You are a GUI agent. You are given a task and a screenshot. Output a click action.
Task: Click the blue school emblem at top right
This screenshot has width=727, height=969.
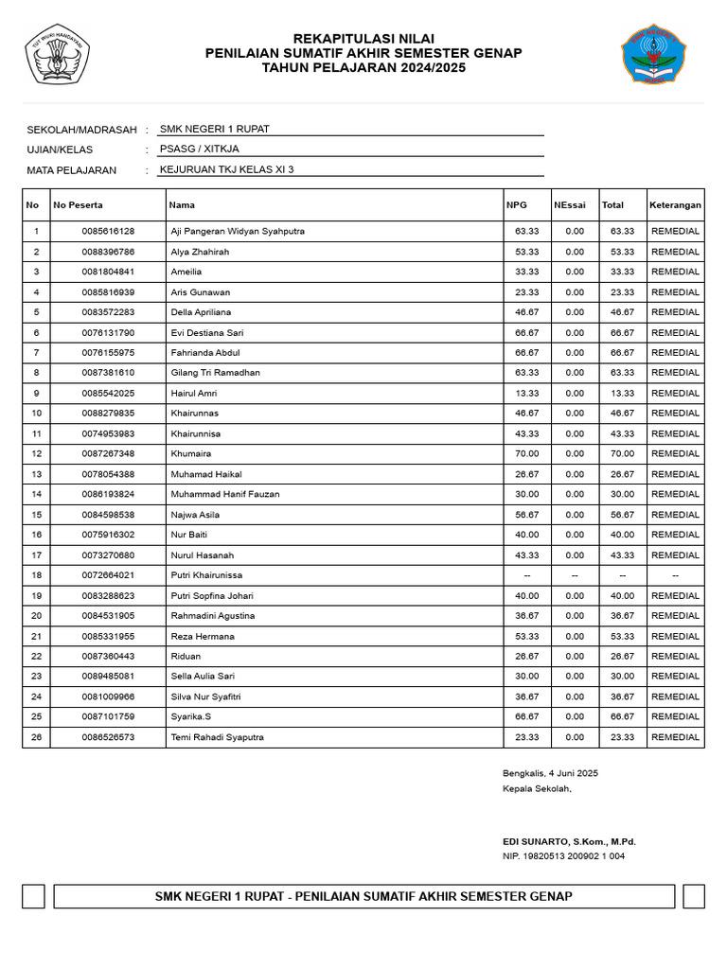click(653, 55)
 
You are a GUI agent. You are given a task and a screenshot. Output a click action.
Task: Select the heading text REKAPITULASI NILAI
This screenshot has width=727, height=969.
click(363, 38)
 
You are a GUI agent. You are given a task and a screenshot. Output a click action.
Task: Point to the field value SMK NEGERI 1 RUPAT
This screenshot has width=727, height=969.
click(215, 129)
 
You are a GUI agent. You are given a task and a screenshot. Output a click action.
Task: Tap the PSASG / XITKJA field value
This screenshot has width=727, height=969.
click(199, 150)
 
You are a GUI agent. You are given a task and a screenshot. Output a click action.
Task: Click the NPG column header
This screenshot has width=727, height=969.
click(517, 204)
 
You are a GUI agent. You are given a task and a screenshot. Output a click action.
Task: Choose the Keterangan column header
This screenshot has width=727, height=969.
click(675, 204)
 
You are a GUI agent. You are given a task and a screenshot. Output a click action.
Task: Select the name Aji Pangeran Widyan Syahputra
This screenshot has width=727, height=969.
click(238, 231)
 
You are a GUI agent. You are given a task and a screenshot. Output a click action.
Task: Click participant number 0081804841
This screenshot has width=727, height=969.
click(108, 272)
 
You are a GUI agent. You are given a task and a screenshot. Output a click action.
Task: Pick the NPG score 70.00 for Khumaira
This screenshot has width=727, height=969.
click(526, 454)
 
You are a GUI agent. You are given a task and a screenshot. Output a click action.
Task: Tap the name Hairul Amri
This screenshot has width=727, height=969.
click(194, 393)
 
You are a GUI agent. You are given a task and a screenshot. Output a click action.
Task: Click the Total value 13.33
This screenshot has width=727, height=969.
click(622, 393)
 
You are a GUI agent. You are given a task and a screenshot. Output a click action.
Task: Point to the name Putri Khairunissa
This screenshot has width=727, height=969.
click(206, 575)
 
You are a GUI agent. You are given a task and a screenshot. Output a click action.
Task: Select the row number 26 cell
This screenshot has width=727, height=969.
click(36, 737)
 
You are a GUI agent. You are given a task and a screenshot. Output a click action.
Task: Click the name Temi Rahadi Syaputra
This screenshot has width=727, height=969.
click(217, 737)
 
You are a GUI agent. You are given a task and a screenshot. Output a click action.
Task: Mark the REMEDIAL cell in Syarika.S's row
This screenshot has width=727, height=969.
click(675, 717)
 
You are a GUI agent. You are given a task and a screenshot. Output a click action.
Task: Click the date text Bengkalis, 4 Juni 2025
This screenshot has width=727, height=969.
click(550, 773)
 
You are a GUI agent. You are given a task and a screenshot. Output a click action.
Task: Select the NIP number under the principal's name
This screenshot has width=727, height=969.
click(563, 856)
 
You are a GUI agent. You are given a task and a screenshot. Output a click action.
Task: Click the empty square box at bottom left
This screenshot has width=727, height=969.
click(33, 896)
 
